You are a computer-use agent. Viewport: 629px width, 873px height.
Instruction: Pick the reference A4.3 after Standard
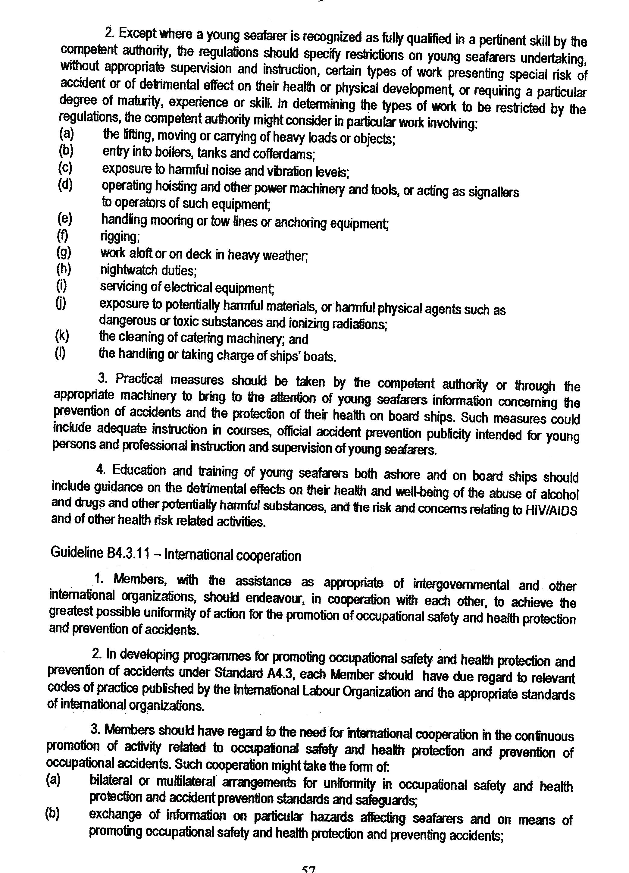(x=280, y=673)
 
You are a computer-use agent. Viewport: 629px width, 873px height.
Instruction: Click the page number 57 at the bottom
(x=308, y=869)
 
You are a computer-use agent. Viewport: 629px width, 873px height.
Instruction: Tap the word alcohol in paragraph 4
(x=559, y=494)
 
